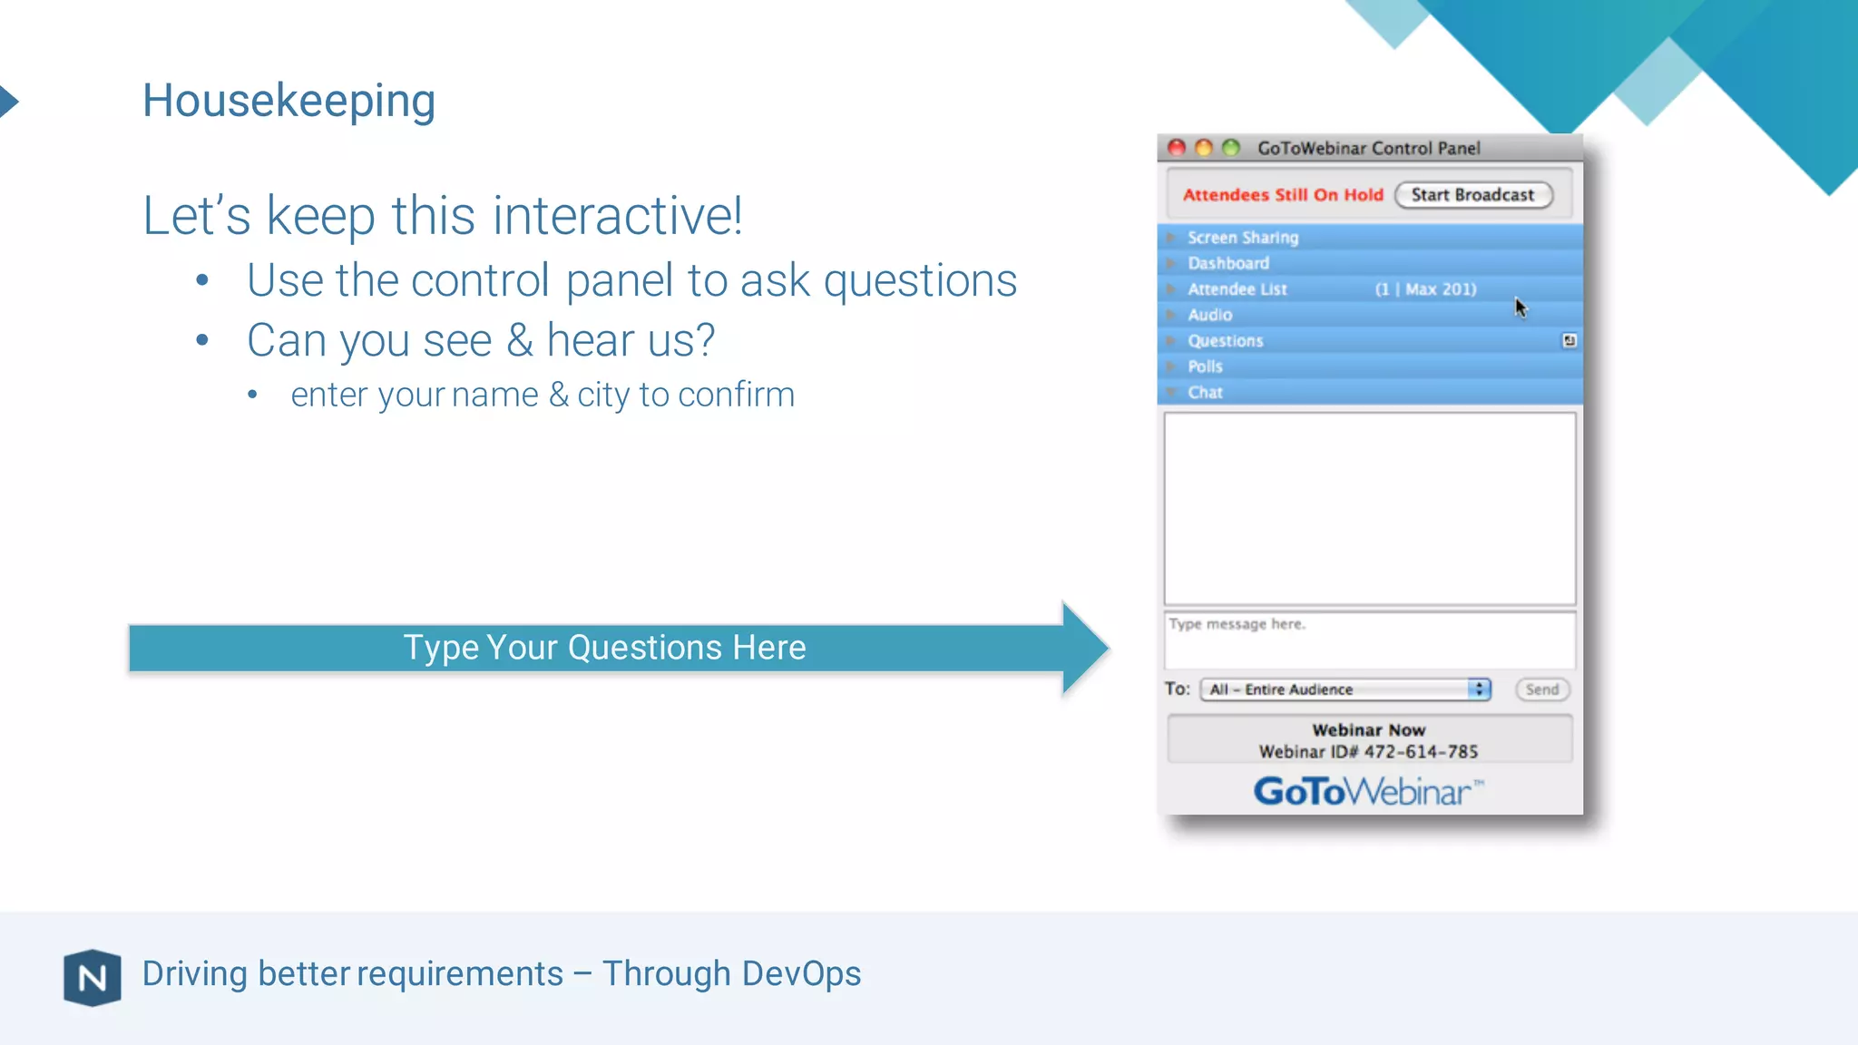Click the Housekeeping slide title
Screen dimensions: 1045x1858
[x=288, y=100]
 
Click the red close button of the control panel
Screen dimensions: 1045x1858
[x=1177, y=148]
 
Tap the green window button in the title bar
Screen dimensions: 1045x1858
[x=1230, y=148]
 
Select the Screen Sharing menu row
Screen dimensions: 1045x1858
[x=1243, y=238]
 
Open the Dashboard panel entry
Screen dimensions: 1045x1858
[x=1228, y=263]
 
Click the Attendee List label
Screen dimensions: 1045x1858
[x=1237, y=289]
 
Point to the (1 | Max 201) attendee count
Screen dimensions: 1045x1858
[x=1425, y=289]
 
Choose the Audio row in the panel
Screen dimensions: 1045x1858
[x=1210, y=315]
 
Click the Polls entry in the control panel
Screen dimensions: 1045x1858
[x=1205, y=366]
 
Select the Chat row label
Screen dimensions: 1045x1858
[x=1205, y=393]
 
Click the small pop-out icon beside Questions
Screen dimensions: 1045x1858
[x=1569, y=341]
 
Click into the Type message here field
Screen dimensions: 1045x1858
[x=1368, y=640]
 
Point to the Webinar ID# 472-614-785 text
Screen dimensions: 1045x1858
[x=1368, y=752]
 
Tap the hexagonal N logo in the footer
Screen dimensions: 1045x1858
[x=93, y=978]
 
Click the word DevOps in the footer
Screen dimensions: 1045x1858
[x=801, y=973]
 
